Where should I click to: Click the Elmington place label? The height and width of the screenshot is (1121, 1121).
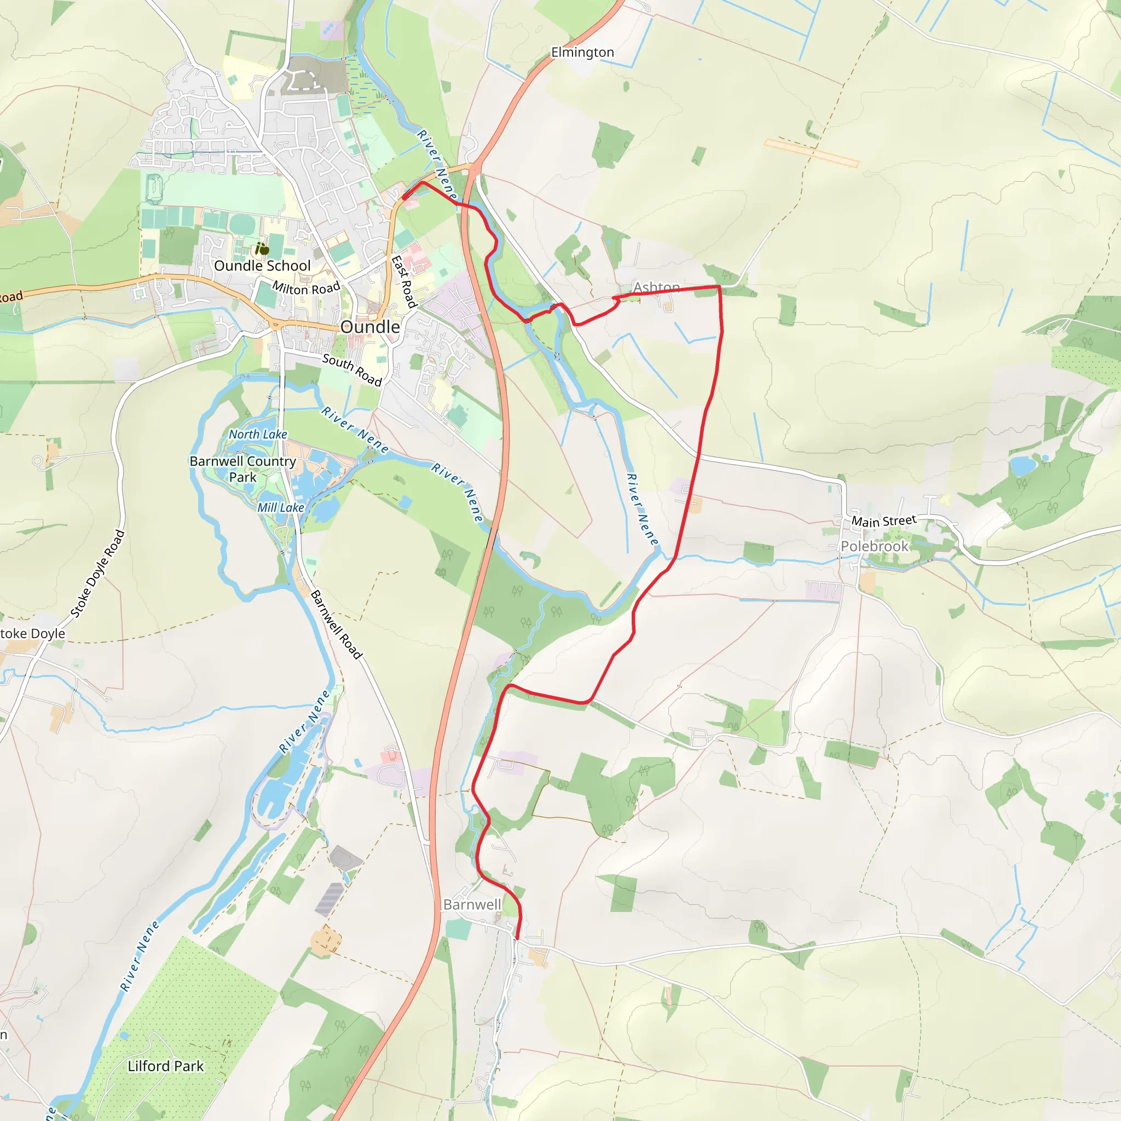tap(582, 52)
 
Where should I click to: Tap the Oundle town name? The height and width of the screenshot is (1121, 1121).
tap(369, 327)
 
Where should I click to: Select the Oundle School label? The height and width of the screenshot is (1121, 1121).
tap(262, 265)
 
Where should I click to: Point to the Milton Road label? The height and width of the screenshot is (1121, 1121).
tap(306, 288)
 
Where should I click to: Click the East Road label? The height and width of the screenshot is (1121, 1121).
tap(404, 281)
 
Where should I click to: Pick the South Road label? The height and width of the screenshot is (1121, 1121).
tap(351, 369)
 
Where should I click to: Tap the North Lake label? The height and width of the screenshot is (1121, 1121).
tap(258, 434)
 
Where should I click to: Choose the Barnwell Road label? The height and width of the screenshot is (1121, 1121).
tap(337, 625)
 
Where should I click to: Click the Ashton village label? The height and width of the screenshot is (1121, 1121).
tap(656, 287)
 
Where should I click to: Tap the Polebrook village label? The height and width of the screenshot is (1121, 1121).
tap(874, 546)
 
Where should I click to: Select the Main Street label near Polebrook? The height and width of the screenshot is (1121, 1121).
tap(883, 521)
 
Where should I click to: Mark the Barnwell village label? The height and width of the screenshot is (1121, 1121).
tap(472, 905)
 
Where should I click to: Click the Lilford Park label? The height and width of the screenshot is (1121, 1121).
tap(165, 1066)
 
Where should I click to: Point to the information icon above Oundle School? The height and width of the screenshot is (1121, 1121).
tap(262, 250)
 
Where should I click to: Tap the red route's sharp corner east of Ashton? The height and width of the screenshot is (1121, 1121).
tap(719, 287)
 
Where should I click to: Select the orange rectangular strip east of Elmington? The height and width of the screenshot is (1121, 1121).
tap(811, 153)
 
